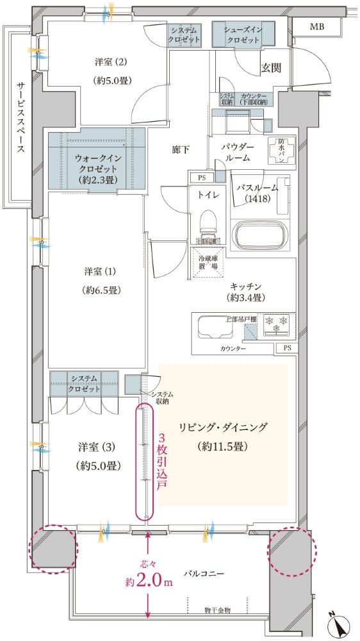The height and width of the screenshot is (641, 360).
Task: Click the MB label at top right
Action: (317, 26)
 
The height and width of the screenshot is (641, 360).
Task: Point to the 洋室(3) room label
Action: (94, 456)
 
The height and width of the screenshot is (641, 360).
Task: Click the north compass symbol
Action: (338, 620)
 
